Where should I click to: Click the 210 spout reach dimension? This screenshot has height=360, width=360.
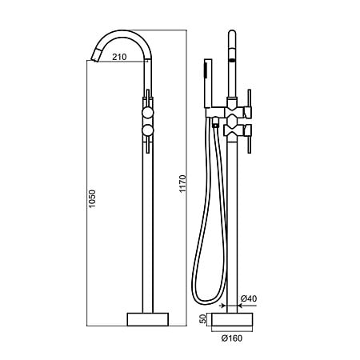tap(119, 57)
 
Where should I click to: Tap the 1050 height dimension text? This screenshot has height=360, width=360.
tap(92, 198)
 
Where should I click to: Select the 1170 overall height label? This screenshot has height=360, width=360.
tap(182, 184)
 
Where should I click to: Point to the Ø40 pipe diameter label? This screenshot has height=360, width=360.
tap(249, 298)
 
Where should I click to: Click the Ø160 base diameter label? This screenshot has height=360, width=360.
tap(232, 338)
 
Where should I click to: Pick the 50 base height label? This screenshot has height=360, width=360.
tap(203, 319)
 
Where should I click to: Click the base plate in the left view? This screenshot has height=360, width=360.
tap(148, 319)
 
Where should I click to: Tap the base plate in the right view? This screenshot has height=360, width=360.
tap(232, 319)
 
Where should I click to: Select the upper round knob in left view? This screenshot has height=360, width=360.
tap(148, 113)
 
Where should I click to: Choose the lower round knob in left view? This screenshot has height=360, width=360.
tap(148, 130)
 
